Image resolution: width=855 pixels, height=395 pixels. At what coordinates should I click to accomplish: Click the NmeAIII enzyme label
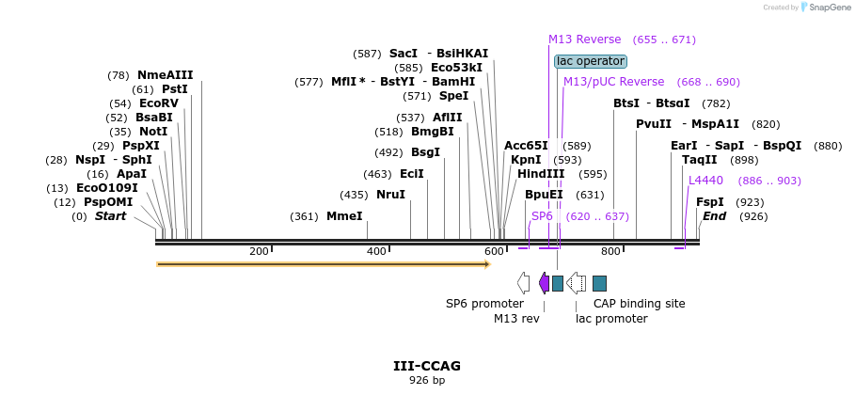tap(165, 75)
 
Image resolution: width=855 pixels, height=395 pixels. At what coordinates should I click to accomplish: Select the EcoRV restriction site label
tap(158, 103)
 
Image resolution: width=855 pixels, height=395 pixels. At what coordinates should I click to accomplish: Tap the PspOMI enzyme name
tap(108, 202)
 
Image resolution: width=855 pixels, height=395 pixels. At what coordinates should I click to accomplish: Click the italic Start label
tap(110, 216)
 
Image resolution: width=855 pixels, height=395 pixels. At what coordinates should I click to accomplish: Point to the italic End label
tap(714, 216)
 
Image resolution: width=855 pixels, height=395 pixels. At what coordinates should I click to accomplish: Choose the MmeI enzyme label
tap(344, 216)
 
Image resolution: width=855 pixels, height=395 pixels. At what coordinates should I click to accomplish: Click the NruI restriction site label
tap(390, 195)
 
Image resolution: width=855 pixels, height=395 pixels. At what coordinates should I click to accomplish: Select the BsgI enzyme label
tap(425, 152)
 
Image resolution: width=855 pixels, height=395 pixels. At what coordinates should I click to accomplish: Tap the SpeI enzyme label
tap(453, 96)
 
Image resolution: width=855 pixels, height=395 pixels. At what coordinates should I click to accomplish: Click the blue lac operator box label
tap(590, 61)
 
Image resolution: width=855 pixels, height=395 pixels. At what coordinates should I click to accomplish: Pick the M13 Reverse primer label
tap(584, 39)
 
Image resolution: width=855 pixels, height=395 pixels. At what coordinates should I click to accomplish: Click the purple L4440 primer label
tap(705, 181)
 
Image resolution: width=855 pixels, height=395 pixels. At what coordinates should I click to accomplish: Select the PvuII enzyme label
tap(654, 124)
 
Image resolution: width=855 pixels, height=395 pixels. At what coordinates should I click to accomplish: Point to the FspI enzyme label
tap(709, 202)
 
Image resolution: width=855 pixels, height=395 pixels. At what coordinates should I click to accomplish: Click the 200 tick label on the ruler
tap(259, 251)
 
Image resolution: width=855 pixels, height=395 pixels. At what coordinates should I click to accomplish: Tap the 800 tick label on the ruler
tap(610, 251)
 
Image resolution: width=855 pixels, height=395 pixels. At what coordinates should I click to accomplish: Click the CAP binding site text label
tap(639, 304)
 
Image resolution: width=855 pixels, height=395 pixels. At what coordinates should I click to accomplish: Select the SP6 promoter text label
tap(484, 304)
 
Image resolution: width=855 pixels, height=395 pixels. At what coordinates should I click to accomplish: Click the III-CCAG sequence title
tap(427, 366)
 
